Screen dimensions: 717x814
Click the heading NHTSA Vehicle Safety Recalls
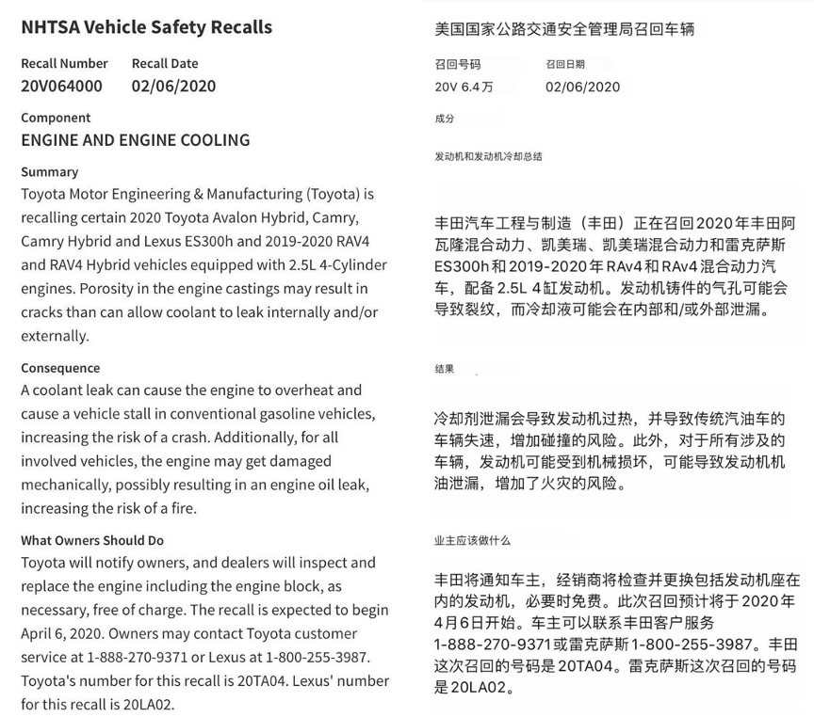pos(146,27)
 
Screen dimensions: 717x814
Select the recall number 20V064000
pos(61,86)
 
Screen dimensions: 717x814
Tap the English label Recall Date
pos(165,63)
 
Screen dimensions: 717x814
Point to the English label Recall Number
pos(64,63)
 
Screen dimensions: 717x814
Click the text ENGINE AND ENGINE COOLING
pos(135,140)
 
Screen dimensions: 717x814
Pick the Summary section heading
pos(49,172)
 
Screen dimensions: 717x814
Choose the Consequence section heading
pos(60,368)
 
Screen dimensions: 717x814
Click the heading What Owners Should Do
pos(92,540)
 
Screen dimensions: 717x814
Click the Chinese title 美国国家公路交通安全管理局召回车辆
pos(563,29)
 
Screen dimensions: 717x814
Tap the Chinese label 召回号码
pos(457,64)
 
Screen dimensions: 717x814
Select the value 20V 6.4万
pos(464,87)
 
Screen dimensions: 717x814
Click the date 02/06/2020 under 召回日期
pos(582,87)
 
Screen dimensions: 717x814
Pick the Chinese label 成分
pos(445,119)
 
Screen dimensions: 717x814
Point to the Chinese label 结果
pos(445,369)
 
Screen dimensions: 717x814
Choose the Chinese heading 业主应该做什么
pos(472,541)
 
